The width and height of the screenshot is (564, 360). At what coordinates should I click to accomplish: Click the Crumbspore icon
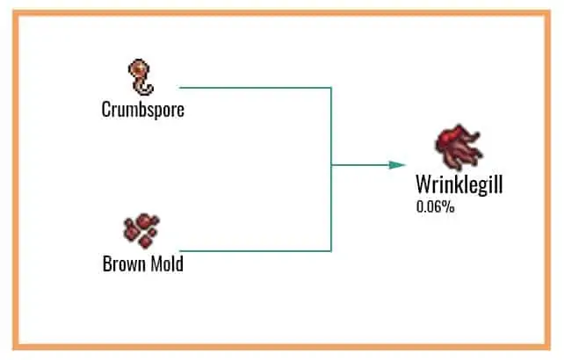tap(141, 78)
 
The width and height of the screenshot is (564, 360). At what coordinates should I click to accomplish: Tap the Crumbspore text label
tap(142, 110)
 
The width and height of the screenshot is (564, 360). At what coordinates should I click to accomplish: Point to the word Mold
tap(166, 263)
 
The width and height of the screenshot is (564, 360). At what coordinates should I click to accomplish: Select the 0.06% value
tap(435, 208)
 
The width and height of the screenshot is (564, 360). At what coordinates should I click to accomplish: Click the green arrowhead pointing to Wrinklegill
tap(398, 164)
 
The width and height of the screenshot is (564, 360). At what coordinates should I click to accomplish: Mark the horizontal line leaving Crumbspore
tap(255, 88)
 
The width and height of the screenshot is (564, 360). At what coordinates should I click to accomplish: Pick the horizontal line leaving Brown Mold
tap(255, 251)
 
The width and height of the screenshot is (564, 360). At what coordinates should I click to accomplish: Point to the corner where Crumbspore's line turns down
tap(331, 88)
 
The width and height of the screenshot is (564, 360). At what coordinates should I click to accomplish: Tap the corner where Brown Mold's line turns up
tap(331, 251)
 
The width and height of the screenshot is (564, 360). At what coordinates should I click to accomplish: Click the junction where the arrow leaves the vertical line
tap(331, 164)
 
